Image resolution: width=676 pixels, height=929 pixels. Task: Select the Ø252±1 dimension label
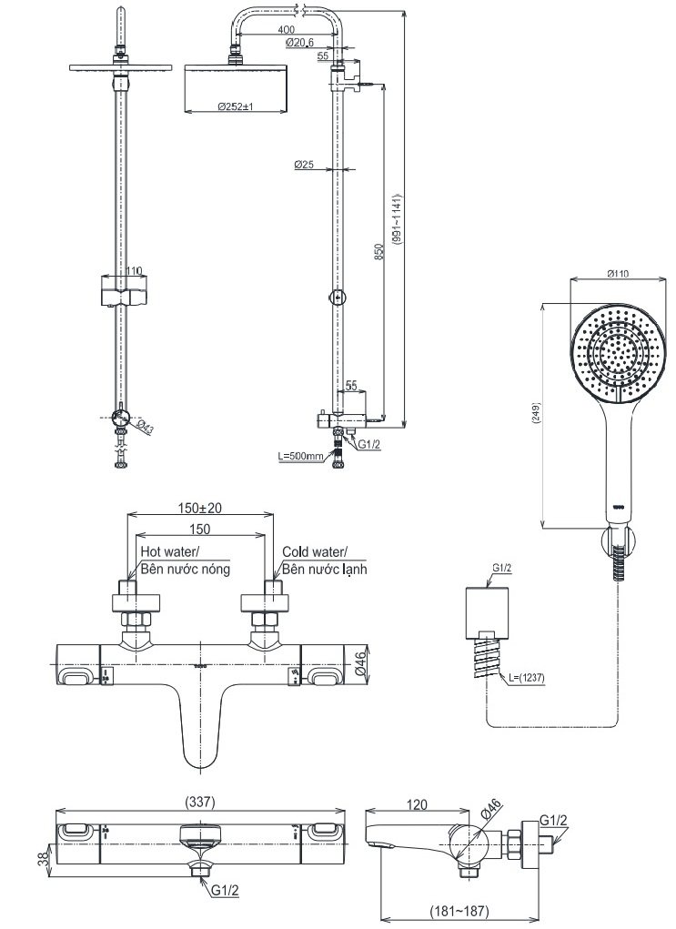pos(235,106)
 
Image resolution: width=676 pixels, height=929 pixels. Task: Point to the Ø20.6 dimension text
pos(299,43)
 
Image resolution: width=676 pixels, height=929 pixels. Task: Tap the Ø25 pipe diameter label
pos(304,165)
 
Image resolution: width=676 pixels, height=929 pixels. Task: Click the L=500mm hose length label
pos(302,455)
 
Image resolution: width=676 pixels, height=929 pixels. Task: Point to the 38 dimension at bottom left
pos(38,860)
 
